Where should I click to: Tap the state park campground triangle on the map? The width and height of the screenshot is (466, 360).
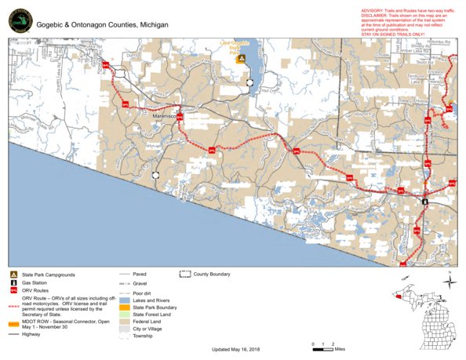(243, 58)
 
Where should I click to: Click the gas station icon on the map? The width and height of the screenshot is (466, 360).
(425, 201)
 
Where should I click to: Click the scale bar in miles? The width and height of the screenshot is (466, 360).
(322, 345)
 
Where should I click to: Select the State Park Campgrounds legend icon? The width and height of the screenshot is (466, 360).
(14, 275)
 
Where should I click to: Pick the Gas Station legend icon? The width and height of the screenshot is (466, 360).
(14, 282)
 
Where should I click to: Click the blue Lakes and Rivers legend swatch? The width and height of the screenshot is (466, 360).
(125, 300)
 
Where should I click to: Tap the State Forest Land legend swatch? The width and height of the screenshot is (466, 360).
(125, 314)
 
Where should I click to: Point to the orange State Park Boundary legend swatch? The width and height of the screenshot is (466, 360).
(125, 307)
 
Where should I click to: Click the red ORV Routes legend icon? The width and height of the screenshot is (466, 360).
(14, 290)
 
